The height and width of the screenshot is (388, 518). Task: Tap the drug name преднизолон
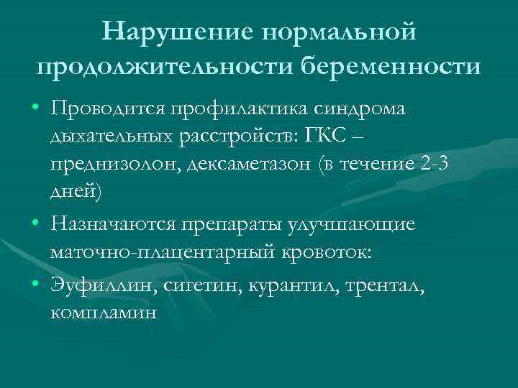pos(114,165)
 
